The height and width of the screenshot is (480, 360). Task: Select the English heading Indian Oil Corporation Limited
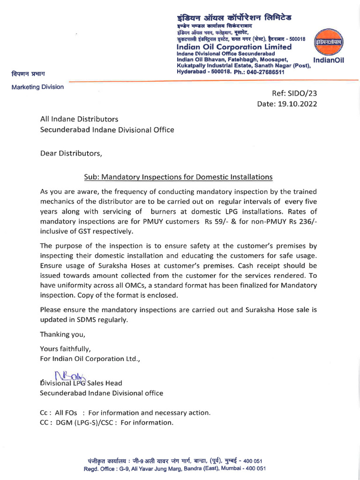(234, 47)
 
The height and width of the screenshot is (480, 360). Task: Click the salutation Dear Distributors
(70, 153)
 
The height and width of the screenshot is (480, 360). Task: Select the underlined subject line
(178, 177)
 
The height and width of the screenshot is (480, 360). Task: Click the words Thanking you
(63, 334)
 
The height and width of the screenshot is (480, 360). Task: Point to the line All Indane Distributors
(79, 120)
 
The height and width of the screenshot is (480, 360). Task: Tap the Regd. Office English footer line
(175, 468)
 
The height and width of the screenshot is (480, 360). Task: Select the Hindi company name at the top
(234, 17)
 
